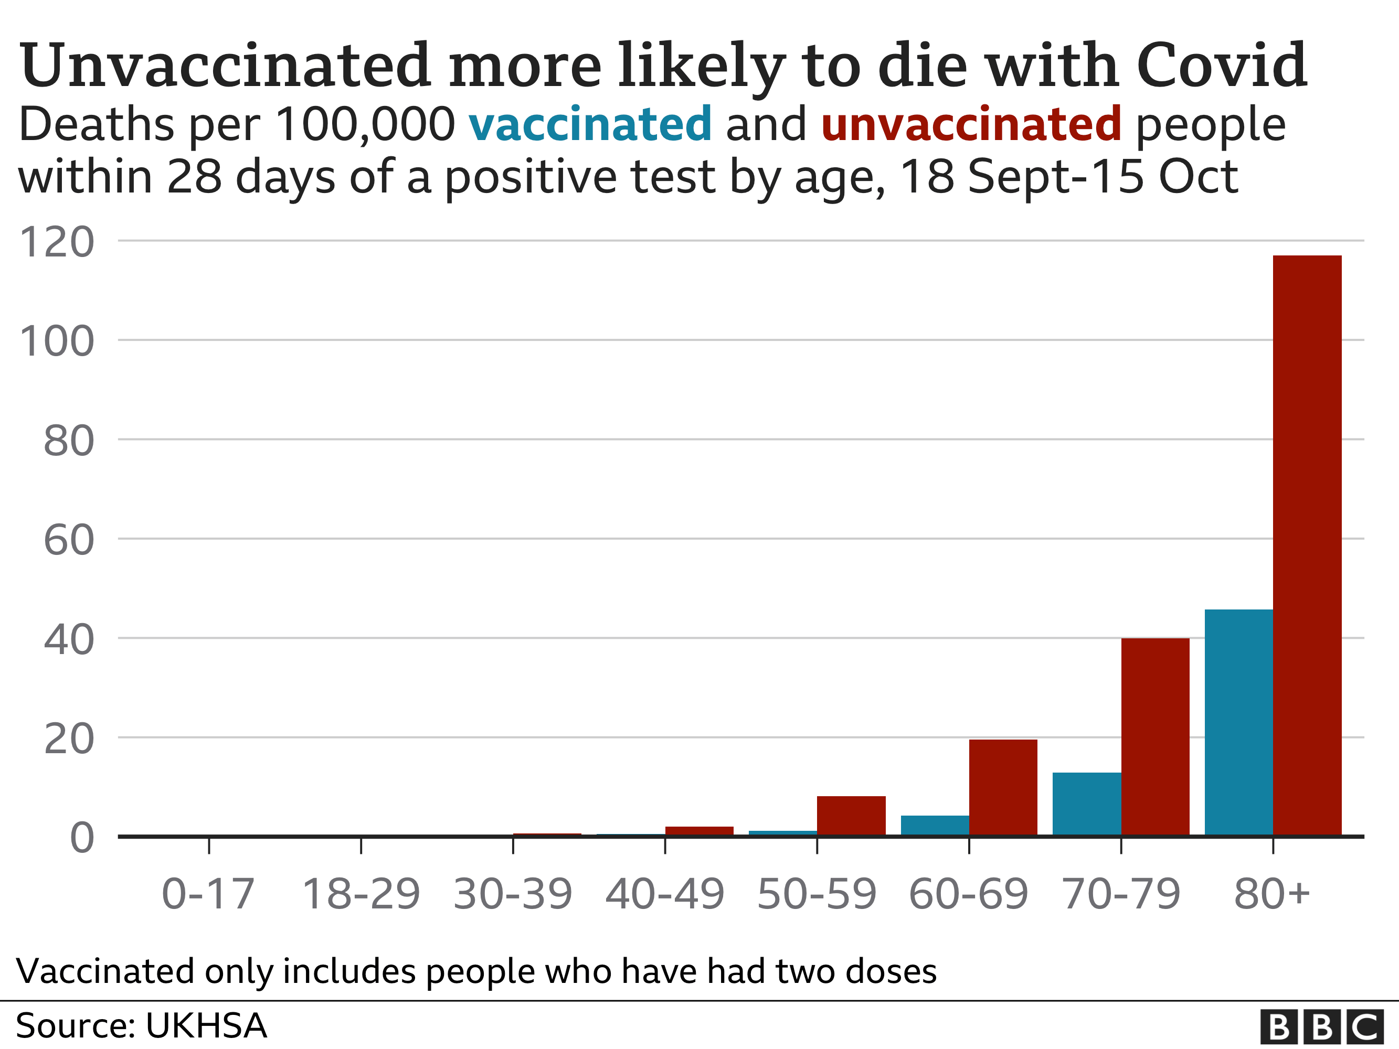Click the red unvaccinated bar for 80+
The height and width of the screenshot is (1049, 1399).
click(x=1307, y=545)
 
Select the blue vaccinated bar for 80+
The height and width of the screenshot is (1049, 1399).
click(x=1238, y=722)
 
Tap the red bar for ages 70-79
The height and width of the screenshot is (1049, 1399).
click(x=1155, y=736)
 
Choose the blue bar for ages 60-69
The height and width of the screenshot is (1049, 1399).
click(x=935, y=825)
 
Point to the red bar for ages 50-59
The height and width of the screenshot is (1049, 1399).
click(x=851, y=816)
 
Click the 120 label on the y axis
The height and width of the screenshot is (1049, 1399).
click(x=57, y=242)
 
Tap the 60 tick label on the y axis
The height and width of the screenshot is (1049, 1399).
click(x=68, y=540)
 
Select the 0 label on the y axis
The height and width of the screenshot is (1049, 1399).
click(x=81, y=839)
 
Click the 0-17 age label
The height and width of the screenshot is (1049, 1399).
click(x=208, y=895)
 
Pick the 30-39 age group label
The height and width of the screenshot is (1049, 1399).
click(x=512, y=895)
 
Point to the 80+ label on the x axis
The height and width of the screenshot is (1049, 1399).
click(x=1271, y=895)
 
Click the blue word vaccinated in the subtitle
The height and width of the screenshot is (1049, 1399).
click(x=589, y=124)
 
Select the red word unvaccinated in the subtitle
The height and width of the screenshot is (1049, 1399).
click(x=971, y=124)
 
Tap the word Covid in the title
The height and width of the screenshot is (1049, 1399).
click(x=1221, y=65)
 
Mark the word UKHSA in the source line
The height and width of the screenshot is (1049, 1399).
click(x=206, y=1025)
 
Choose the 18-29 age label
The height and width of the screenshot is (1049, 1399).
click(x=361, y=895)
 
